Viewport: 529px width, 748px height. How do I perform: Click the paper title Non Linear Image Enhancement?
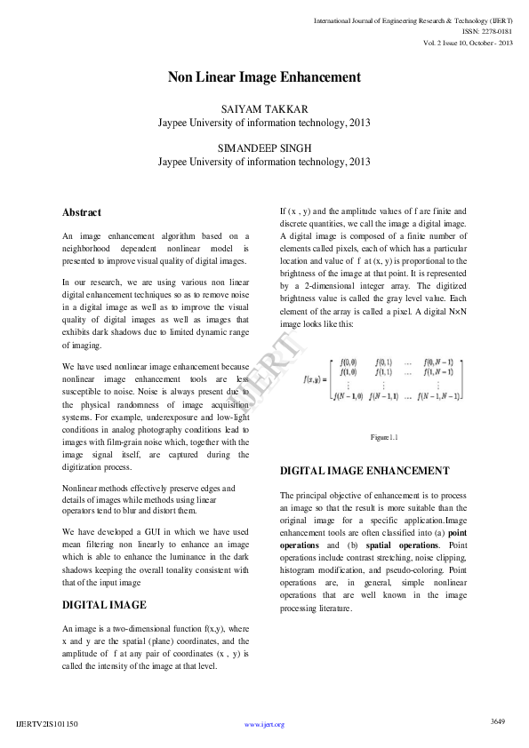[264, 77]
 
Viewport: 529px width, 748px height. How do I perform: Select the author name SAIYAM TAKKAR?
[264, 108]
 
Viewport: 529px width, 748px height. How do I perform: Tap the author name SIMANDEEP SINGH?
[264, 147]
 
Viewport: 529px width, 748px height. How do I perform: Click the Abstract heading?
[82, 212]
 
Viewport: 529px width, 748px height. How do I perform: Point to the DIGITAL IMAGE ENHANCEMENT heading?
[365, 470]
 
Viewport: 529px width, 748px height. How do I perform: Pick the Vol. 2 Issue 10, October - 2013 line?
[468, 43]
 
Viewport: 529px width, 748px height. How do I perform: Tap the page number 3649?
[498, 720]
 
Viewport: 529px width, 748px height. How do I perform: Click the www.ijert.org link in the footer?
[264, 725]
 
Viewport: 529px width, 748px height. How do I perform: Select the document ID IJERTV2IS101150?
[47, 725]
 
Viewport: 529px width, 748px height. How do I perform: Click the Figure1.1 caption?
[384, 438]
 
